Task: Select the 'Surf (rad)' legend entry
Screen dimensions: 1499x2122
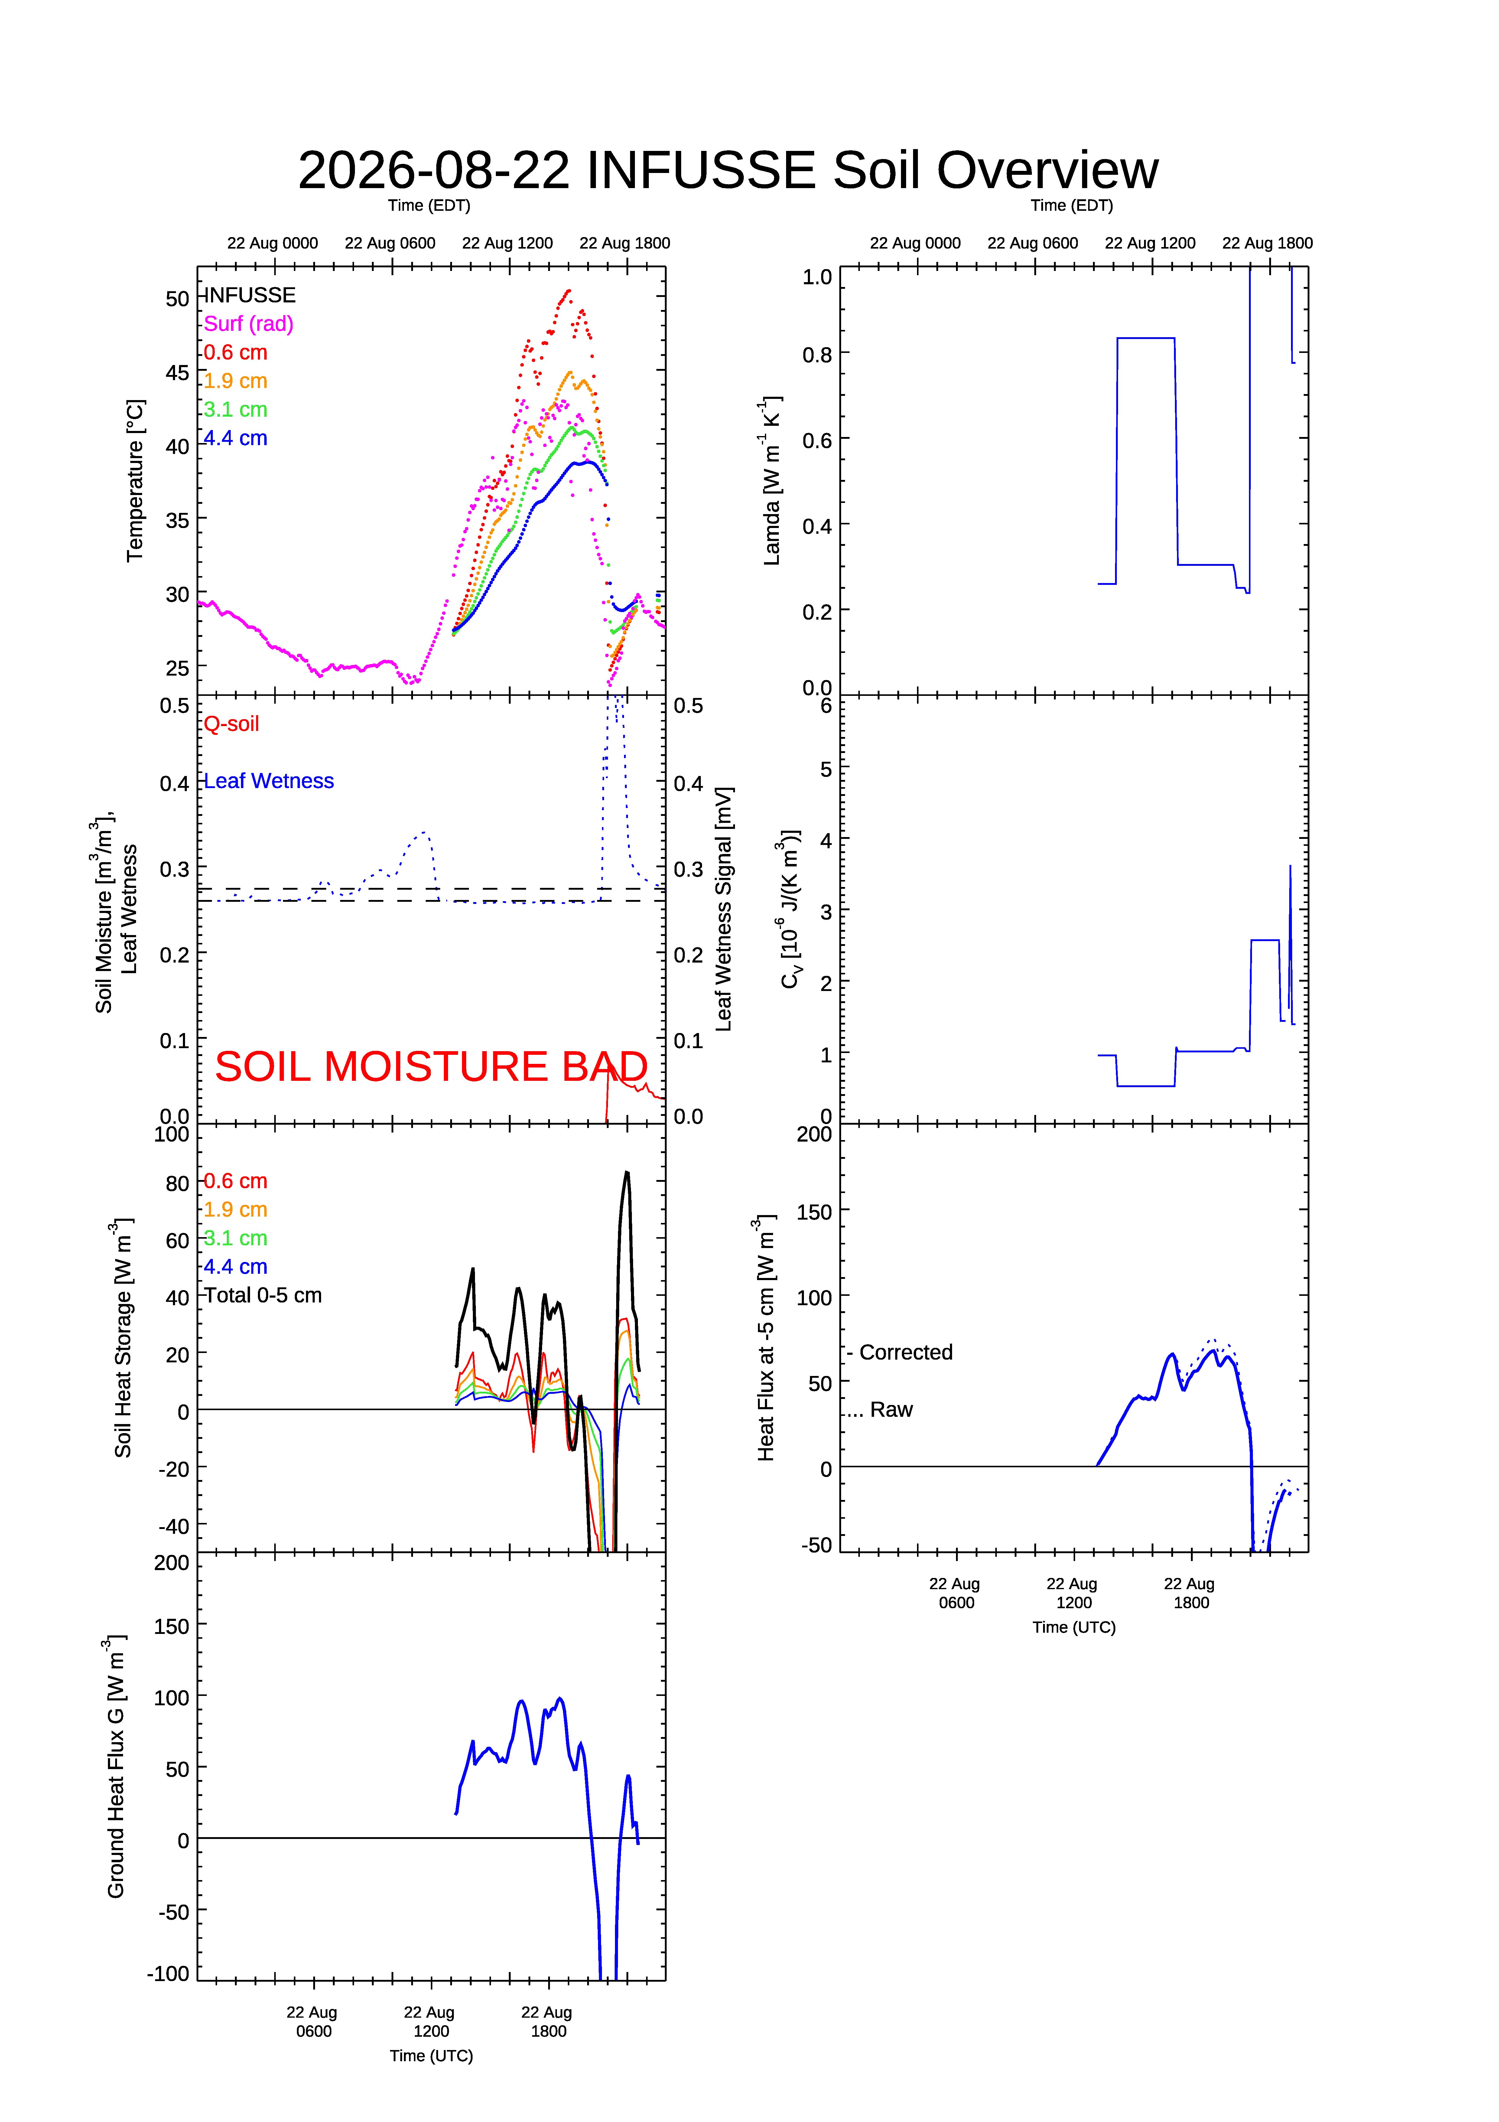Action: (x=249, y=324)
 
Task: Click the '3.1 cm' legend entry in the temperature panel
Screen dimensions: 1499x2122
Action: (x=236, y=409)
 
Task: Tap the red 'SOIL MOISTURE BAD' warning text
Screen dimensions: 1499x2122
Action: (x=431, y=1067)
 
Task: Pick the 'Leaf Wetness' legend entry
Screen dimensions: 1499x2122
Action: (x=269, y=781)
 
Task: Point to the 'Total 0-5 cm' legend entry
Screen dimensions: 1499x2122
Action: (x=262, y=1295)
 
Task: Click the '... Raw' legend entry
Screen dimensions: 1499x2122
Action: (x=880, y=1410)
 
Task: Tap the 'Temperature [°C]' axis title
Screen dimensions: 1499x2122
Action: (x=135, y=481)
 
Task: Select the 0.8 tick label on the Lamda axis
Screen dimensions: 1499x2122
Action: (x=817, y=355)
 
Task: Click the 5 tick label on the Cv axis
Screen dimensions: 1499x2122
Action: (x=826, y=769)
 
